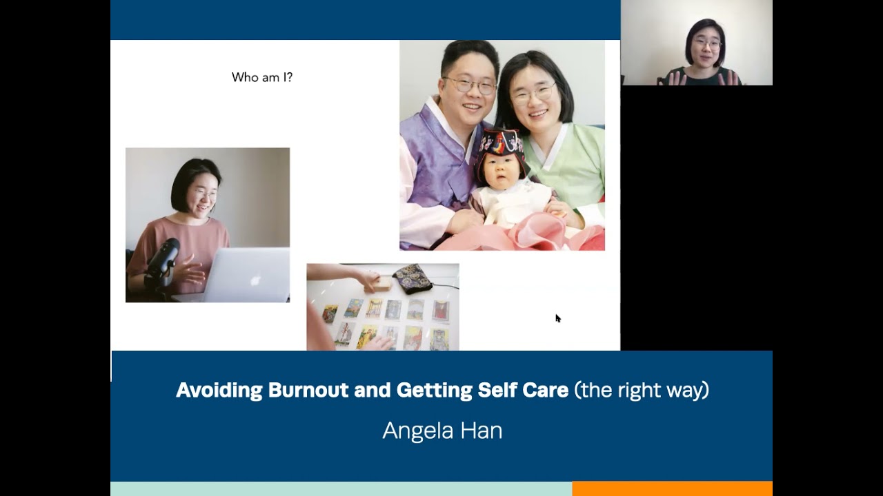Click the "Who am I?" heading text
(262, 77)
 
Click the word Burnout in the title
(309, 391)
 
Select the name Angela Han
(442, 431)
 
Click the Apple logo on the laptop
(255, 281)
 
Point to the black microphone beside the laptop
(163, 262)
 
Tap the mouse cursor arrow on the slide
(557, 318)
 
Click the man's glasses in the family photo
(470, 86)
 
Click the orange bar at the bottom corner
(672, 488)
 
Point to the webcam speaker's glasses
(708, 44)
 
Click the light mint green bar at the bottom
(341, 488)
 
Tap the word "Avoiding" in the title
(219, 391)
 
